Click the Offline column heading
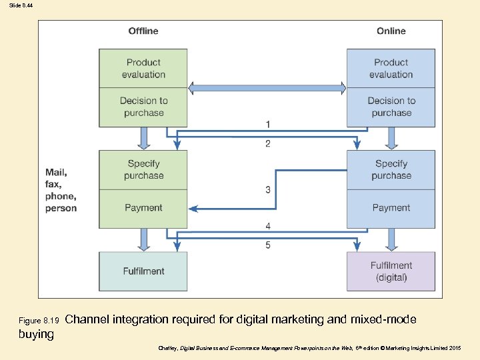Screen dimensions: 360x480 pyautogui.click(x=143, y=31)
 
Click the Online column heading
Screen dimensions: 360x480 pyautogui.click(x=391, y=31)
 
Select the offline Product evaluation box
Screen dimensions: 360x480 pyautogui.click(x=143, y=68)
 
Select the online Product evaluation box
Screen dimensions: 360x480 pyautogui.click(x=391, y=68)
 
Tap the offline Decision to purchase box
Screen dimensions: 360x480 pyautogui.click(x=143, y=107)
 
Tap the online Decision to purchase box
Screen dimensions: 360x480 pyautogui.click(x=391, y=107)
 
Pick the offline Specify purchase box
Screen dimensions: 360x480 pyautogui.click(x=143, y=169)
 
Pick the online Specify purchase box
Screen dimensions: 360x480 pyautogui.click(x=391, y=169)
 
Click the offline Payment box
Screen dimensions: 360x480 pyautogui.click(x=143, y=208)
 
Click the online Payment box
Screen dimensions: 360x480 pyautogui.click(x=391, y=208)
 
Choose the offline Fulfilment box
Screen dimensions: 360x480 pyautogui.click(x=143, y=271)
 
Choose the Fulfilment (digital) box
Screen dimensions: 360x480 pyautogui.click(x=391, y=271)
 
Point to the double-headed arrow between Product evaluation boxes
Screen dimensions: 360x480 pyautogui.click(x=267, y=87)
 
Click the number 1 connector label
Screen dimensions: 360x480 pyautogui.click(x=268, y=125)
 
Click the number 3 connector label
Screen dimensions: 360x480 pyautogui.click(x=268, y=190)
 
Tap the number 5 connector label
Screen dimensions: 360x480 pyautogui.click(x=268, y=245)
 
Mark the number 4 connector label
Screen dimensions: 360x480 pyautogui.click(x=268, y=227)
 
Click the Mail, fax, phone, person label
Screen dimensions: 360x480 pyautogui.click(x=61, y=190)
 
